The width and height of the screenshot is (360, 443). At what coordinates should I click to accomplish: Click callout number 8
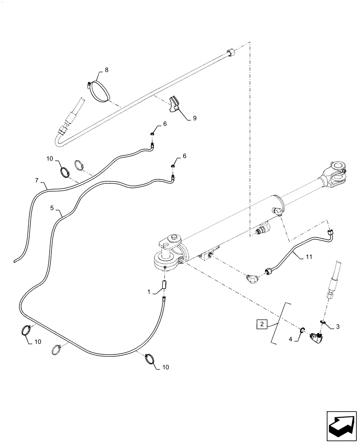(106, 70)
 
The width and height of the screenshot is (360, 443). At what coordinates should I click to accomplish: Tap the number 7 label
(37, 181)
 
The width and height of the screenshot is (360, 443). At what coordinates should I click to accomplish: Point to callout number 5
(52, 207)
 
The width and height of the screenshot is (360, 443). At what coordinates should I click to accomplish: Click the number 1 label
(149, 291)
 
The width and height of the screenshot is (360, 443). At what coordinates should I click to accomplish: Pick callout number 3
(338, 327)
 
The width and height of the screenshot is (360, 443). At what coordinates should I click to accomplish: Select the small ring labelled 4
(302, 329)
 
